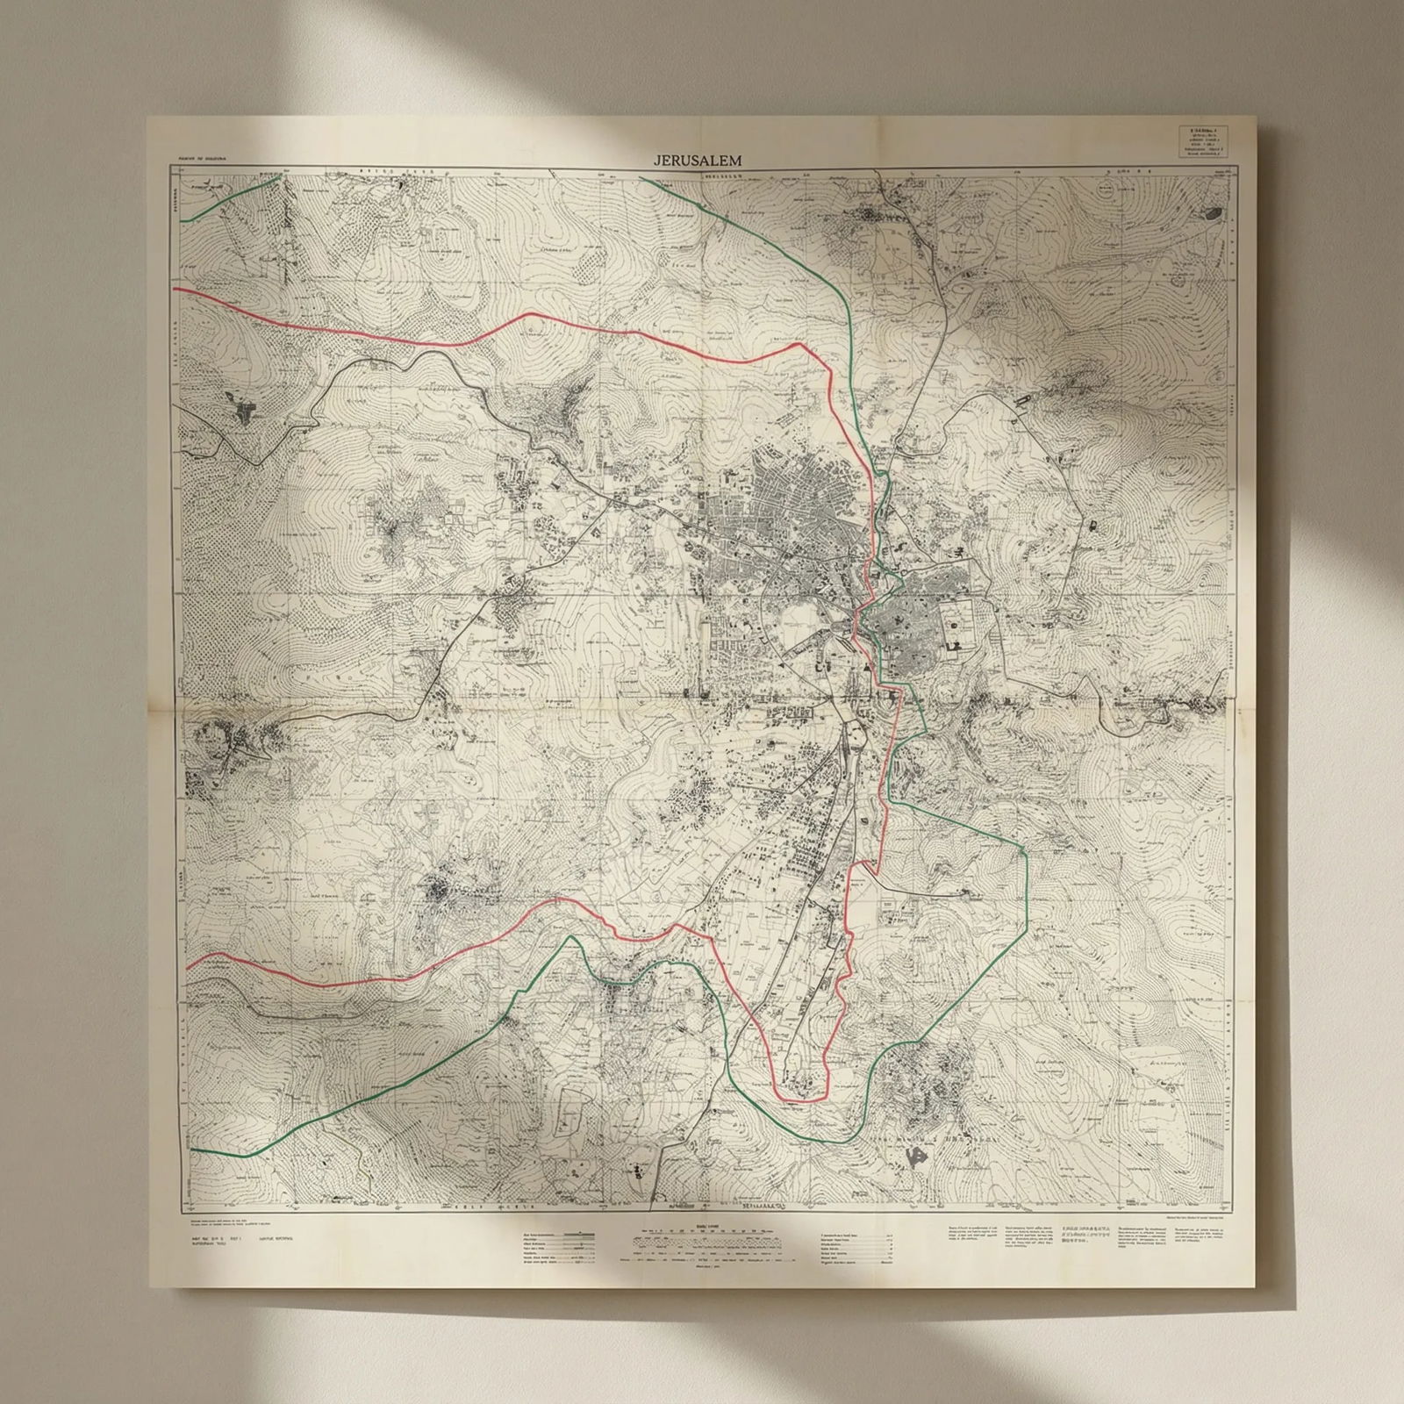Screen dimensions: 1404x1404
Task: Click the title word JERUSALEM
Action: (x=698, y=161)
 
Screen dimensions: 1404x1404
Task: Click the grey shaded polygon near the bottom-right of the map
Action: (x=919, y=1157)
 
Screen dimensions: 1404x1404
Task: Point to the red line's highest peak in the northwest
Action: (x=535, y=313)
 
